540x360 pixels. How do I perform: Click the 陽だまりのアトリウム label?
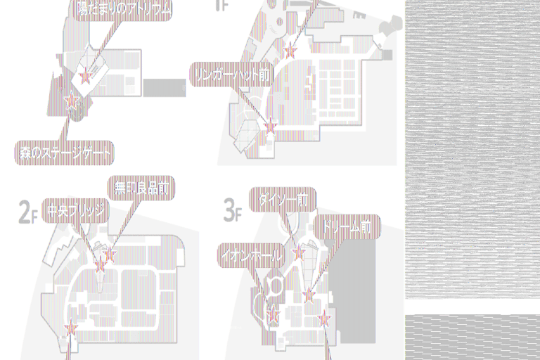pos(123,9)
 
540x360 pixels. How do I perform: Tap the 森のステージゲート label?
pos(64,151)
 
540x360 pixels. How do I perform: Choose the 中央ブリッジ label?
pos(75,211)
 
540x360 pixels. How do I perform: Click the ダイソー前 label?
pos(282,200)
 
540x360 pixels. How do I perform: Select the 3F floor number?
pos(233,209)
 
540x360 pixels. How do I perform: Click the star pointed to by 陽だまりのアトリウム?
pos(86,77)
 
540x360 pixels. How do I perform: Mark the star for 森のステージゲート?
pos(71,101)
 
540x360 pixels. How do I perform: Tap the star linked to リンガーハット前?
pos(270,127)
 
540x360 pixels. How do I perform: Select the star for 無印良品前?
pos(109,255)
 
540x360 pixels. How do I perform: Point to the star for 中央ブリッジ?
pos(100,266)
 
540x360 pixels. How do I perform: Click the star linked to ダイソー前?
pos(298,252)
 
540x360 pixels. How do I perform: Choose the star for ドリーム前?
pos(309,295)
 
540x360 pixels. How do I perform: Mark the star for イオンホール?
pos(273,316)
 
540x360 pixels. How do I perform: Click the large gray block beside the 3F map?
pos(366,281)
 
